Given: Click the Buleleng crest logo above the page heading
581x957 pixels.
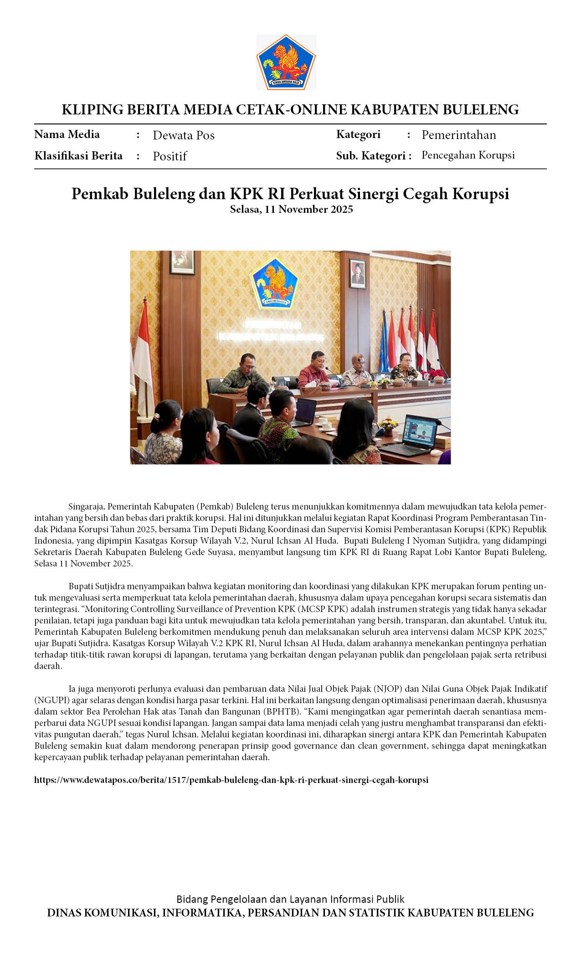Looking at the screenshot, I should point(286,62).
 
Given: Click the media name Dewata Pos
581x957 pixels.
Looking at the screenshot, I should point(183,135).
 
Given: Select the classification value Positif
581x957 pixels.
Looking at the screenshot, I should point(170,156).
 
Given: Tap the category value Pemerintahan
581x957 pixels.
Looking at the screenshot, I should point(458,135).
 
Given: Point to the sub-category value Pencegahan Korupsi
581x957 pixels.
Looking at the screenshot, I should point(468,155).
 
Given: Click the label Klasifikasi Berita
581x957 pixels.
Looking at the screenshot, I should point(78,156).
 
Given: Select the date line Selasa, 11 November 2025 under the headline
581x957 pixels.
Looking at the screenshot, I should point(291,209).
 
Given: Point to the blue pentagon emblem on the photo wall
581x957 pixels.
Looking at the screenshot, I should point(274,283).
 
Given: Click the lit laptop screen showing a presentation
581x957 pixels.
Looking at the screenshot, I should point(419,430).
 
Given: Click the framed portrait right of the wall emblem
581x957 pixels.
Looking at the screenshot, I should point(358,273).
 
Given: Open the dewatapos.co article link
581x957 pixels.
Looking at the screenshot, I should point(231,780).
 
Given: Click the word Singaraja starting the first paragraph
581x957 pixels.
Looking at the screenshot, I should point(87,506).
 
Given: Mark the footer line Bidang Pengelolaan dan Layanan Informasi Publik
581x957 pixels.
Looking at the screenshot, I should point(290,899).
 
